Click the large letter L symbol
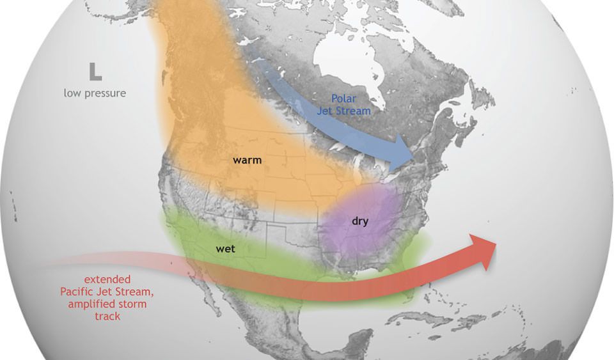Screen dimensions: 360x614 click(95, 71)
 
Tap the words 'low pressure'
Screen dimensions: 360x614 click(95, 93)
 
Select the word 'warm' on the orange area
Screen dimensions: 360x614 click(248, 160)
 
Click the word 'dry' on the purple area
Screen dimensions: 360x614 click(361, 221)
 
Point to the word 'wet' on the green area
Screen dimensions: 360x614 click(225, 249)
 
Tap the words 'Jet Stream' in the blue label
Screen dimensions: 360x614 click(347, 111)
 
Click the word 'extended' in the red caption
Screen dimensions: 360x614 click(107, 279)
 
